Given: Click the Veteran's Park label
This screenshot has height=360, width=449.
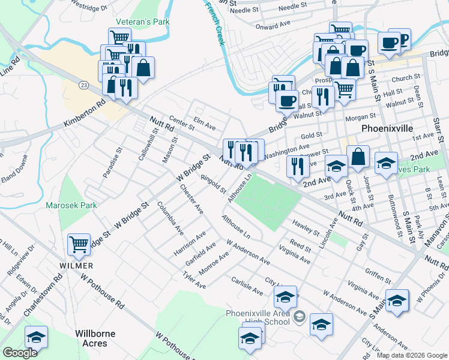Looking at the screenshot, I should click(x=143, y=22).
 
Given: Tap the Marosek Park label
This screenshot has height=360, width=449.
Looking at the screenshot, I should click(x=71, y=205).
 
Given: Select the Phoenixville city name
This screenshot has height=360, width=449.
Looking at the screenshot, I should click(x=388, y=129).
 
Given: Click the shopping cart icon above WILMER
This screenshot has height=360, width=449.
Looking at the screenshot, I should click(x=79, y=245).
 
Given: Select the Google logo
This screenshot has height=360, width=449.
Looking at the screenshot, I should click(x=20, y=353).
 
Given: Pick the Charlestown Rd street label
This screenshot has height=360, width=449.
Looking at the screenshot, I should click(x=43, y=296).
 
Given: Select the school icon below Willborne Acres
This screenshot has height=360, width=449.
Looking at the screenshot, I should click(x=37, y=337).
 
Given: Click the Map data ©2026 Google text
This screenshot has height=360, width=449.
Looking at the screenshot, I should click(x=412, y=355).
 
